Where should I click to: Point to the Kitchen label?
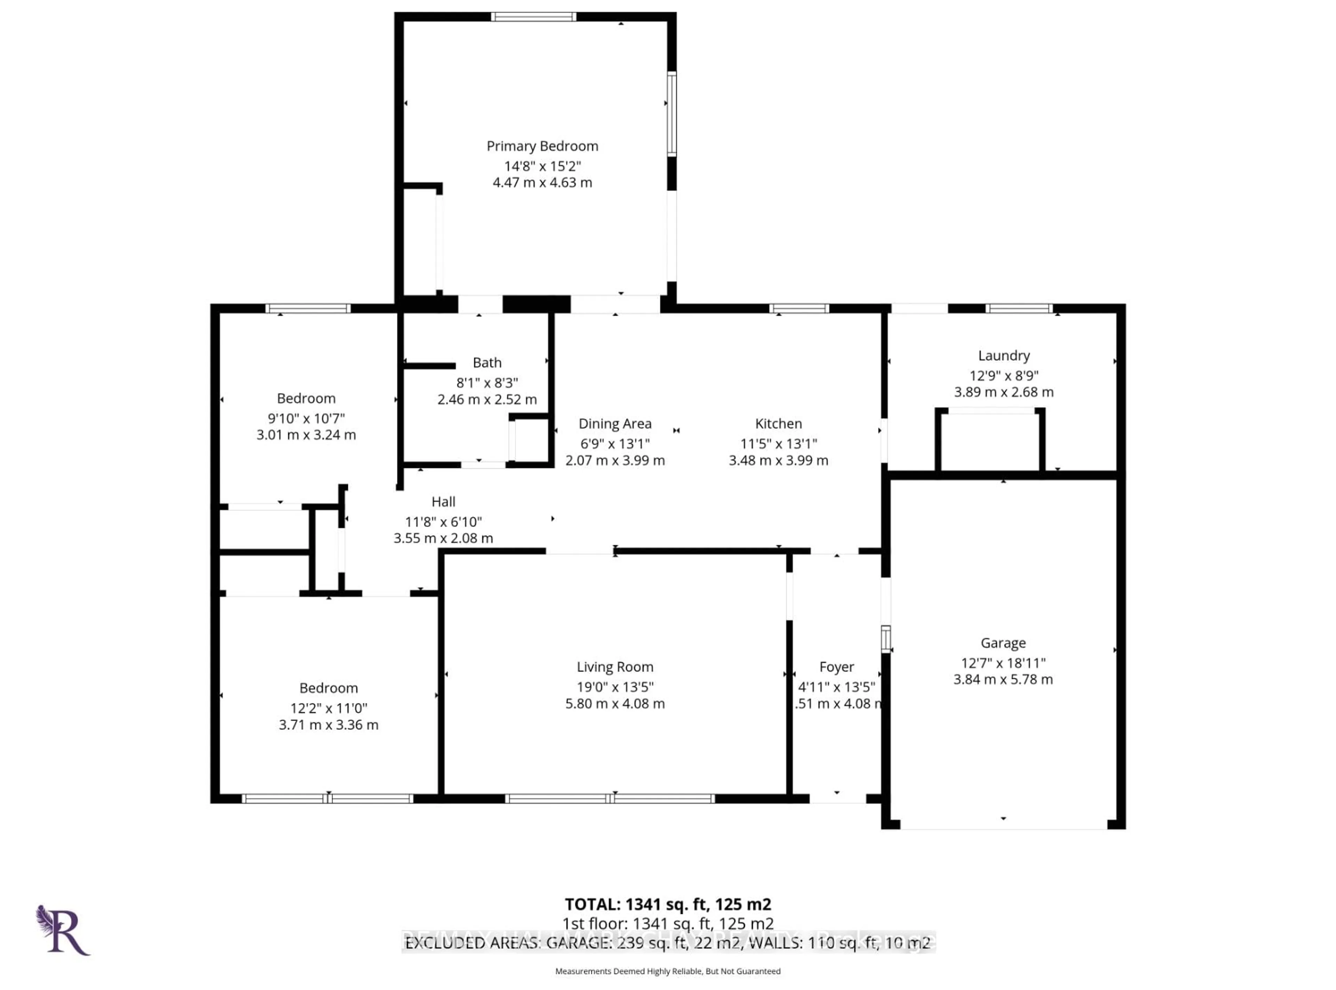778,424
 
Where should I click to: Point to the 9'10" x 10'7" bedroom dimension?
306,418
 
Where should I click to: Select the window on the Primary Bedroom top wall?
533,17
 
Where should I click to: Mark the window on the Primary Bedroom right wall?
672,114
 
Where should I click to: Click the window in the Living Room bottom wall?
610,798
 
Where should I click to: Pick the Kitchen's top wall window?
798,309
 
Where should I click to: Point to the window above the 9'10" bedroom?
308,309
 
